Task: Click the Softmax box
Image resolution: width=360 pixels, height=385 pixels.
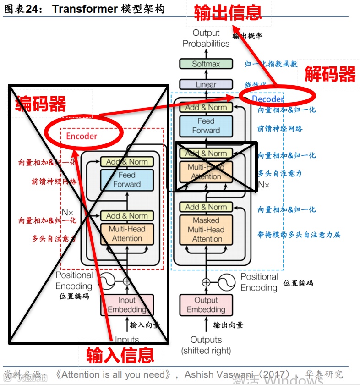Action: [x=206, y=64]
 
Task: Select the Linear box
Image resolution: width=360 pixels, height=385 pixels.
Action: [x=206, y=84]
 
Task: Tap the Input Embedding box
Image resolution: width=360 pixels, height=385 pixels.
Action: [x=127, y=305]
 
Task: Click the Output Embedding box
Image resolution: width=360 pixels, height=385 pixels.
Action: [x=206, y=305]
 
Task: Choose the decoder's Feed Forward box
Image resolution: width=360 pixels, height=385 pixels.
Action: [x=206, y=126]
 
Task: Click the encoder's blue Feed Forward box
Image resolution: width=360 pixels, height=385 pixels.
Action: [x=127, y=180]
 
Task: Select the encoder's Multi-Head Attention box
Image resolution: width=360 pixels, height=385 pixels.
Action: [x=127, y=234]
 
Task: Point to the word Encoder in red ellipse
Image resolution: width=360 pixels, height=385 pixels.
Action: [x=82, y=136]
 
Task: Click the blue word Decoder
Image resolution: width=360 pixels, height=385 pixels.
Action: [x=267, y=99]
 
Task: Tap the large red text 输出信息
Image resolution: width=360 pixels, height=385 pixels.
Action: [x=228, y=12]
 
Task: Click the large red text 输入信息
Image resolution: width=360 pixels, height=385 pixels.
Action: [x=120, y=355]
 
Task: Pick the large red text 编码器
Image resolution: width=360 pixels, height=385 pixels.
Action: [x=41, y=104]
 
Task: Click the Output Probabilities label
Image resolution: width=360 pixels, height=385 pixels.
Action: [x=206, y=38]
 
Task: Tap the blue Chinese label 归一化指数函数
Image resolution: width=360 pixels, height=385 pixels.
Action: [x=271, y=64]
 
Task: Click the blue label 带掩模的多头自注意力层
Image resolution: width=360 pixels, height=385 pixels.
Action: [x=299, y=235]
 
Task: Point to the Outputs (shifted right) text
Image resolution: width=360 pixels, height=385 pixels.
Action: [x=206, y=345]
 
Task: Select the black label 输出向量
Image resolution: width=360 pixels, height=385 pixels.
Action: [x=228, y=325]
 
